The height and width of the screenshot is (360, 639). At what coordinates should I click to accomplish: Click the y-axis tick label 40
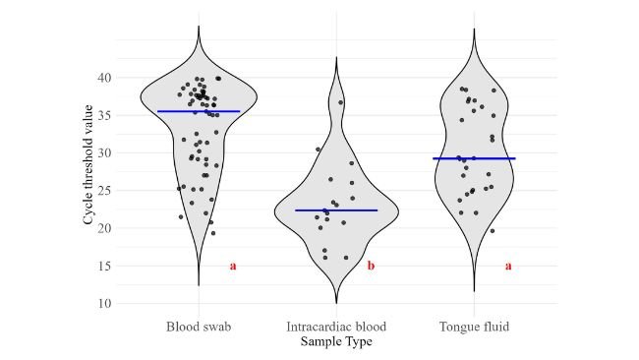(103, 78)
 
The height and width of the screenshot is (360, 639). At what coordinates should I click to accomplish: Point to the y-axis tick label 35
(103, 115)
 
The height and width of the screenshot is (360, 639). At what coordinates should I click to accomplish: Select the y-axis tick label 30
(103, 152)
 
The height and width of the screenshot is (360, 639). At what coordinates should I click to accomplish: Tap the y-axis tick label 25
(103, 191)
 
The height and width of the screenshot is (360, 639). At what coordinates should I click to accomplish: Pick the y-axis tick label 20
(103, 228)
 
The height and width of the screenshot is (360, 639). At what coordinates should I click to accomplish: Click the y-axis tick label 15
(103, 266)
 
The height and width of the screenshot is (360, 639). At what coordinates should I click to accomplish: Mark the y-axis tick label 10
(103, 303)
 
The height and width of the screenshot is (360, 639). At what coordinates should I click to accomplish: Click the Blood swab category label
(199, 327)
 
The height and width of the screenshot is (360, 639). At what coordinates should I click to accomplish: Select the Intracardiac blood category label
(336, 327)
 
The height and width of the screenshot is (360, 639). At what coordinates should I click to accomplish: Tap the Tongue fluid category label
(474, 327)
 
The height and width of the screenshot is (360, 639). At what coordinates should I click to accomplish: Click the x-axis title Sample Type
(336, 341)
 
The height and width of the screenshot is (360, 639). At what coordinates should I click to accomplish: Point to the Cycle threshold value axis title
(88, 171)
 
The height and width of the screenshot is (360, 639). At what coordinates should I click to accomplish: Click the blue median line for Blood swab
(199, 111)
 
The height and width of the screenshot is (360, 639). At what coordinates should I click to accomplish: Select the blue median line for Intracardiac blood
(336, 210)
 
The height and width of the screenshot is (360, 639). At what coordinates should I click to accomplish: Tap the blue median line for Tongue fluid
(474, 158)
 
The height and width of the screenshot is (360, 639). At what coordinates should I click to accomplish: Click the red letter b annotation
(371, 266)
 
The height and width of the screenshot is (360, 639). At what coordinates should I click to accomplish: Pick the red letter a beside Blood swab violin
(233, 266)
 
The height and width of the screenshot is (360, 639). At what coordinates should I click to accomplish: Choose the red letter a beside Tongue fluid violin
(508, 266)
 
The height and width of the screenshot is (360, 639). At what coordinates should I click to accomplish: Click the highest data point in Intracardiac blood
(341, 102)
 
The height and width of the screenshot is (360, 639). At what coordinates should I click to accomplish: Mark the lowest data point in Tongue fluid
(492, 231)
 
